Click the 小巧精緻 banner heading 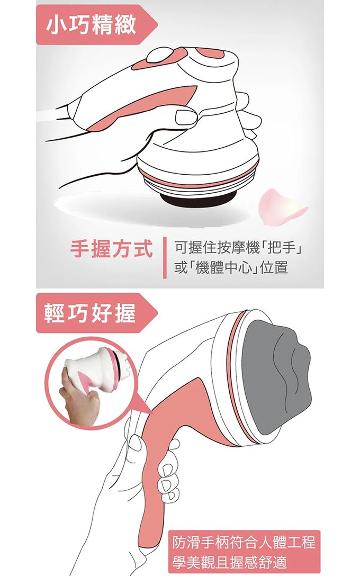92,25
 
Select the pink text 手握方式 111,249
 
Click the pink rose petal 281,207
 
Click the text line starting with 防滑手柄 244,543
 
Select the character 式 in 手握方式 142,249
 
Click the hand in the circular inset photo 79,396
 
